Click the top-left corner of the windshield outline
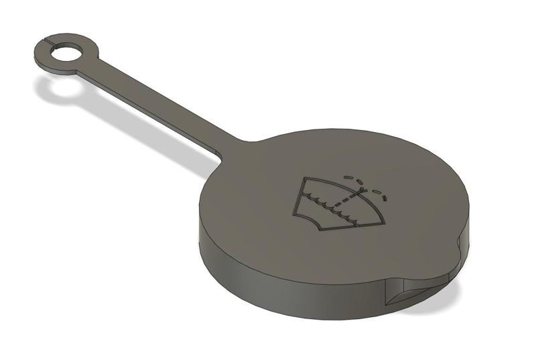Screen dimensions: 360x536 pyautogui.click(x=305, y=178)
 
